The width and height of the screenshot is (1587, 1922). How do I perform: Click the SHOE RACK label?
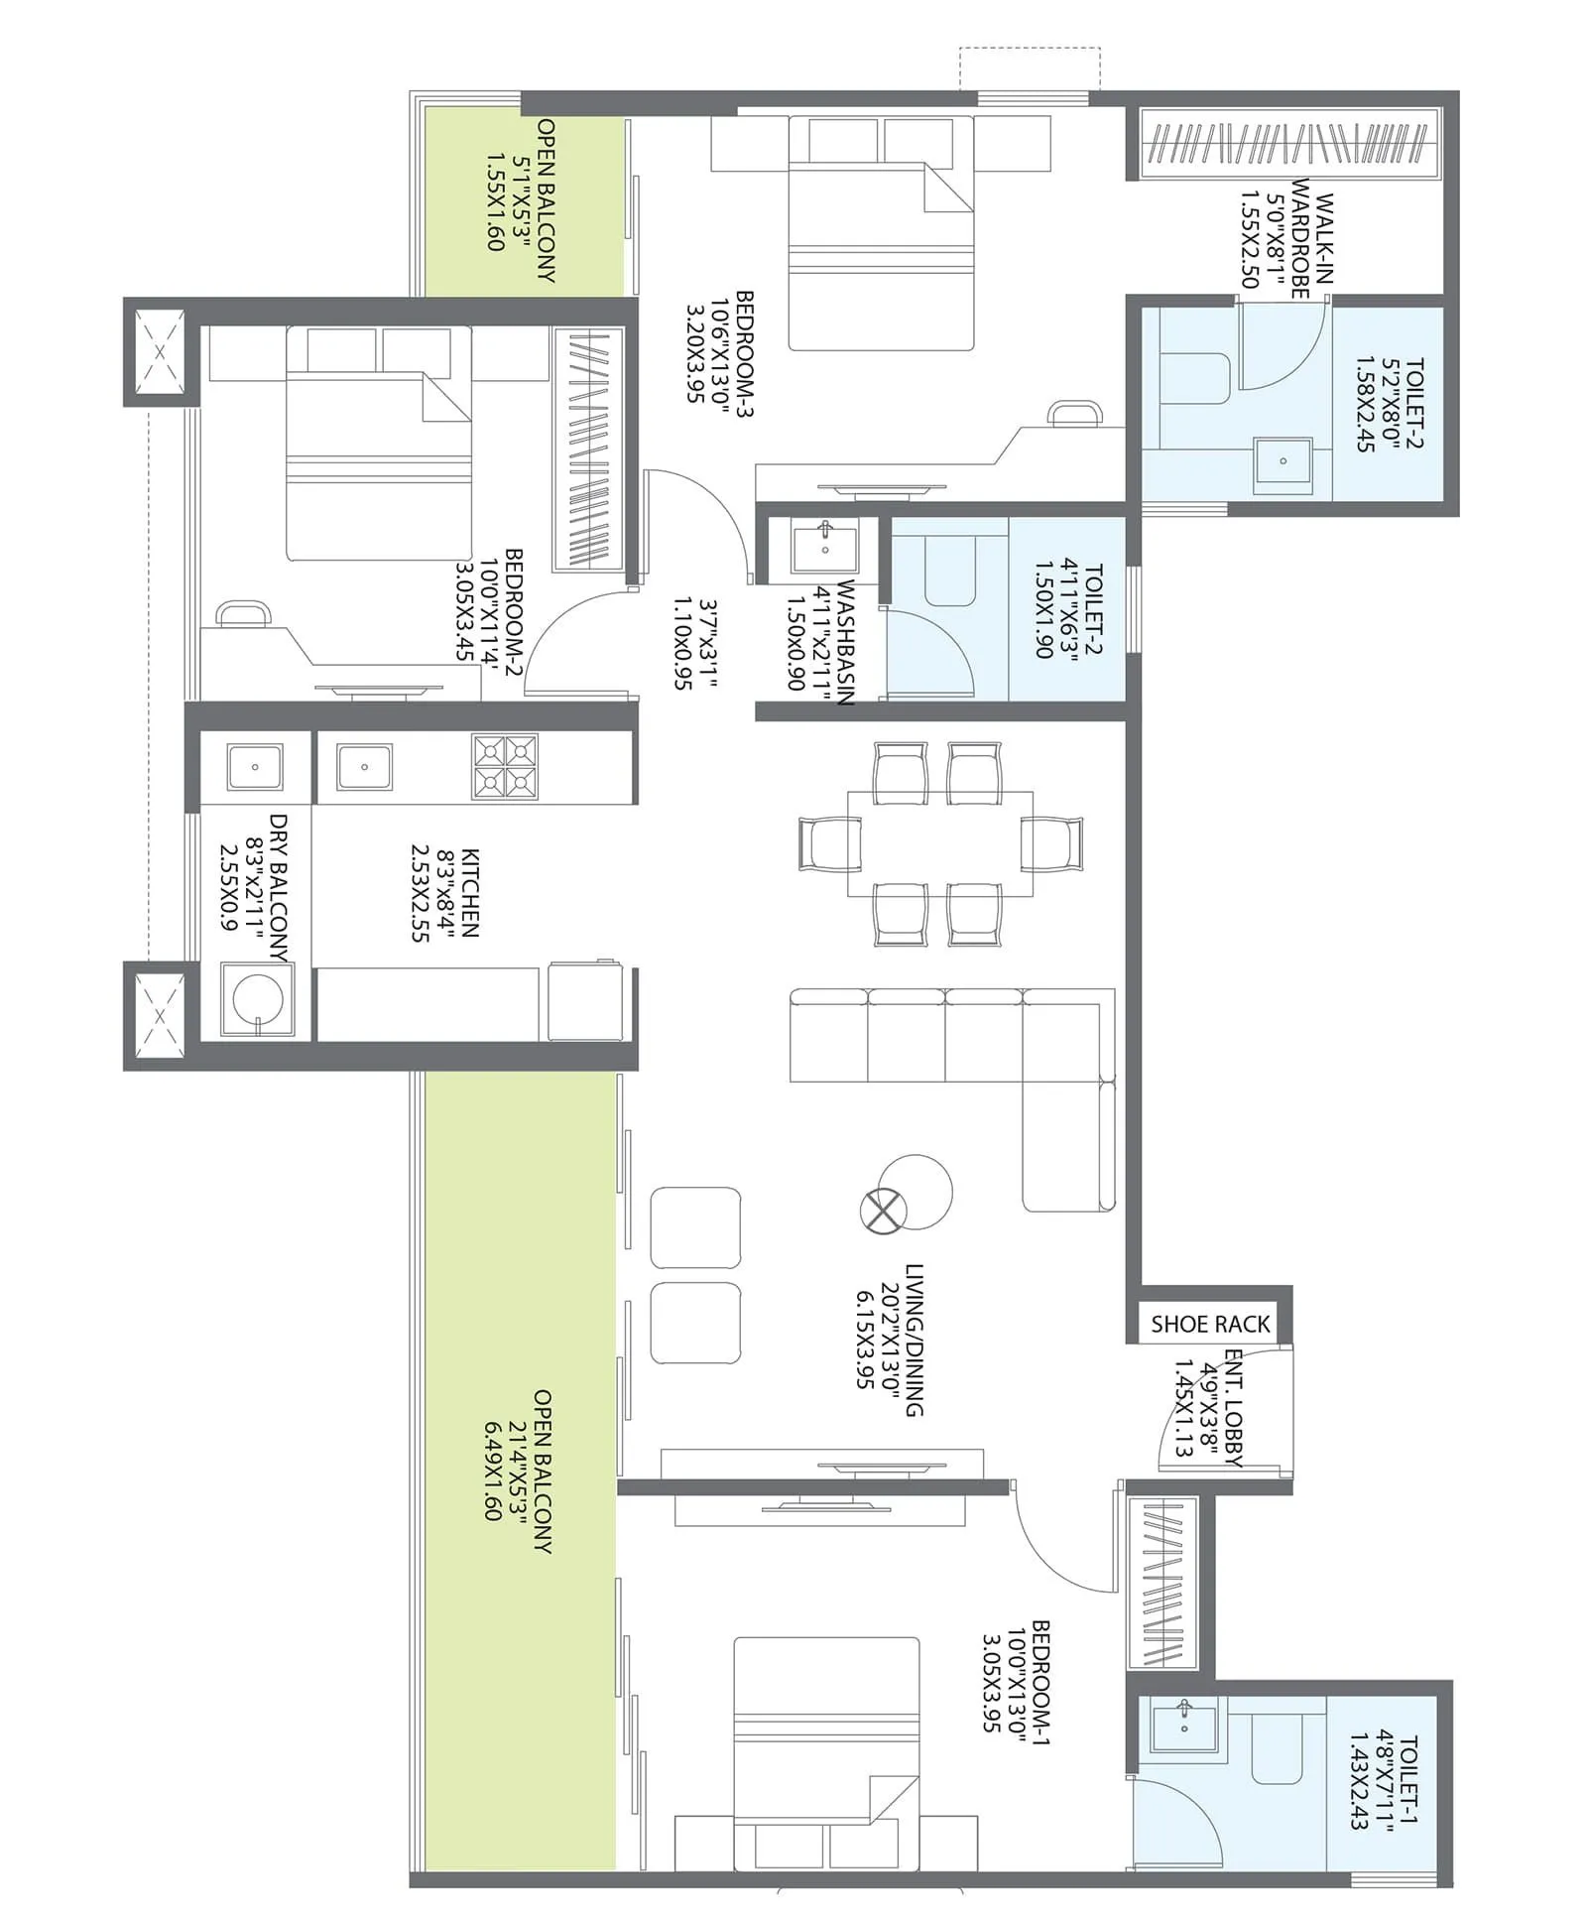coord(1209,1324)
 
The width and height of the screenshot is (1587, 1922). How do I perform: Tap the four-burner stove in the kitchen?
coord(505,766)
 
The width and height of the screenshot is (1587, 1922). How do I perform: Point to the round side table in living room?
coord(918,1191)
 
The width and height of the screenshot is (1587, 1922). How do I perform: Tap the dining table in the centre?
coord(939,844)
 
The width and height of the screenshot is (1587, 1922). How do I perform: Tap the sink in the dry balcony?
coord(255,767)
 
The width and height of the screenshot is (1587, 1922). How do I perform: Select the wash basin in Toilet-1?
coord(1184,1726)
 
